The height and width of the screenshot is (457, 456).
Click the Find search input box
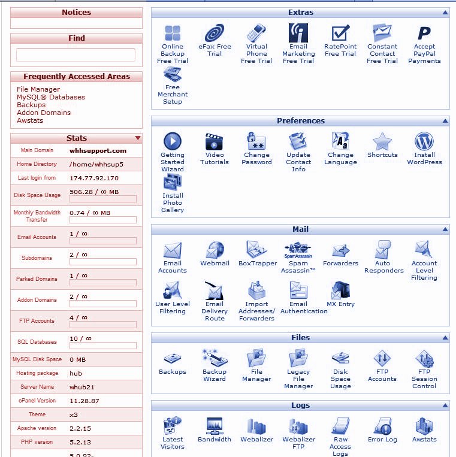pyautogui.click(x=76, y=55)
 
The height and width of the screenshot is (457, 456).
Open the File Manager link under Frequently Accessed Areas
pyautogui.click(x=38, y=89)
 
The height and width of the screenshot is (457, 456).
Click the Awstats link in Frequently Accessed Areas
pyautogui.click(x=30, y=120)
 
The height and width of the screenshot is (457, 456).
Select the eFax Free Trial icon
pyautogui.click(x=215, y=34)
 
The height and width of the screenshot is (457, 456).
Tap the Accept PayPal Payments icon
pyautogui.click(x=424, y=34)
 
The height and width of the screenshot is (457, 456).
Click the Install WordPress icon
pyautogui.click(x=424, y=142)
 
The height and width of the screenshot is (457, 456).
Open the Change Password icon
pyautogui.click(x=256, y=142)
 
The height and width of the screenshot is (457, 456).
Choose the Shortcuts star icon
pyautogui.click(x=382, y=142)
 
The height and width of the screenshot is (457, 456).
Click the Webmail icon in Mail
pyautogui.click(x=215, y=250)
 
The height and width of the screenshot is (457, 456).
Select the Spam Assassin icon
pyautogui.click(x=298, y=250)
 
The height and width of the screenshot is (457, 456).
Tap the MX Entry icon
pyautogui.click(x=340, y=291)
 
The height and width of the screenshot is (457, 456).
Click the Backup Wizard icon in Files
pyautogui.click(x=215, y=359)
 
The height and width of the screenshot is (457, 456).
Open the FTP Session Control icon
pyautogui.click(x=424, y=359)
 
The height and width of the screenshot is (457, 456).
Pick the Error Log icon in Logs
pyautogui.click(x=382, y=426)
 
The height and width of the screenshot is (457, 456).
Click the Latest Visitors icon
pyautogui.click(x=173, y=426)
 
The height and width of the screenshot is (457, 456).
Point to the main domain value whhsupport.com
pyautogui.click(x=98, y=151)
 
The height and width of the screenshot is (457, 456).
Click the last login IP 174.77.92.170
pyautogui.click(x=94, y=178)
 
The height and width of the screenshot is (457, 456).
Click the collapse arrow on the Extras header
pyautogui.click(x=445, y=13)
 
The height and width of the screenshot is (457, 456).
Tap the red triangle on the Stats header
pyautogui.click(x=138, y=138)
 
